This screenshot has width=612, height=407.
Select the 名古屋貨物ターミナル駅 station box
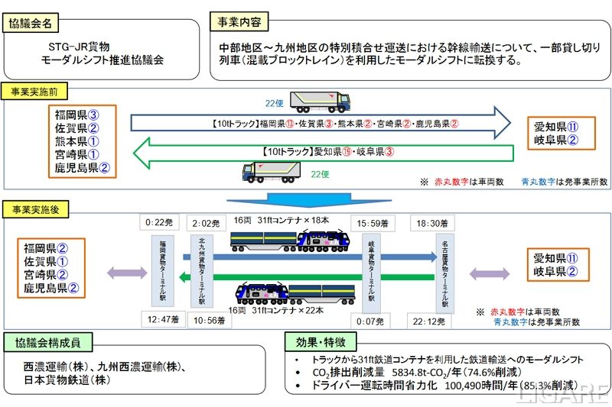tap(444, 273)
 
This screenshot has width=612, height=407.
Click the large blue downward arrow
tap(306, 200)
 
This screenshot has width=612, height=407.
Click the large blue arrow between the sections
tap(306, 200)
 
